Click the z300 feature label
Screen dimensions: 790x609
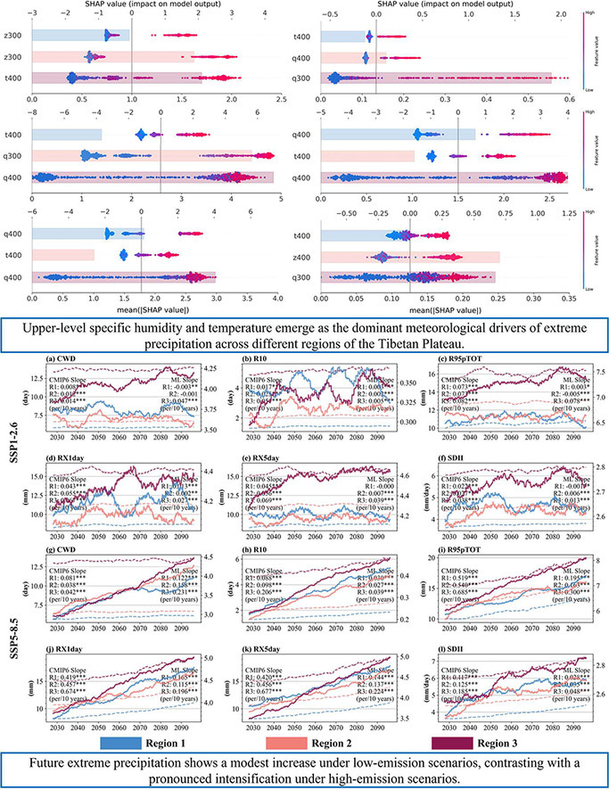point(12,56)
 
